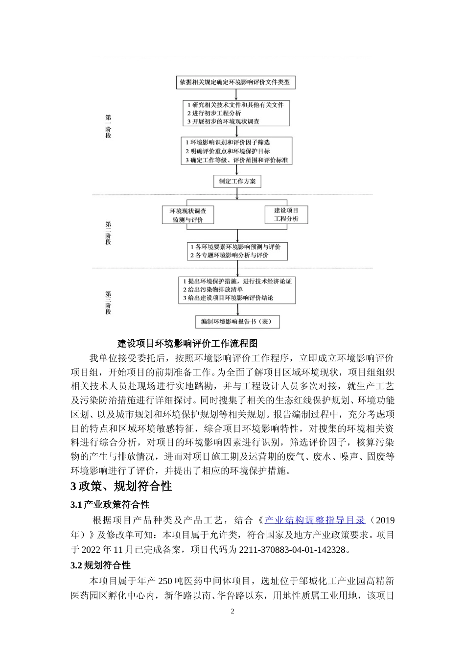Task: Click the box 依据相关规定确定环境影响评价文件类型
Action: tap(235, 82)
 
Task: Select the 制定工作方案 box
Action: tap(237, 182)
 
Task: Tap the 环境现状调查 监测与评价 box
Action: tap(188, 215)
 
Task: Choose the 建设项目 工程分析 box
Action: tap(286, 215)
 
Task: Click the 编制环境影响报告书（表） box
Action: tap(237, 322)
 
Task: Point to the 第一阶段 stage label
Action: tap(108, 126)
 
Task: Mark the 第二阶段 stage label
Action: tap(108, 233)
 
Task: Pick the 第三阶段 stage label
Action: tap(108, 303)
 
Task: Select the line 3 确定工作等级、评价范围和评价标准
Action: tap(236, 160)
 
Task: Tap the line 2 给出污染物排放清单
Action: tap(213, 290)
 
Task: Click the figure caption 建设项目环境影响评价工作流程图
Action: tap(188, 344)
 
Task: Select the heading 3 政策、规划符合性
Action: tap(121, 487)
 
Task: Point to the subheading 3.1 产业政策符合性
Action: tap(110, 505)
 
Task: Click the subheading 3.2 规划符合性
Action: tap(100, 565)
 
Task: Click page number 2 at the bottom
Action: tap(232, 611)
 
